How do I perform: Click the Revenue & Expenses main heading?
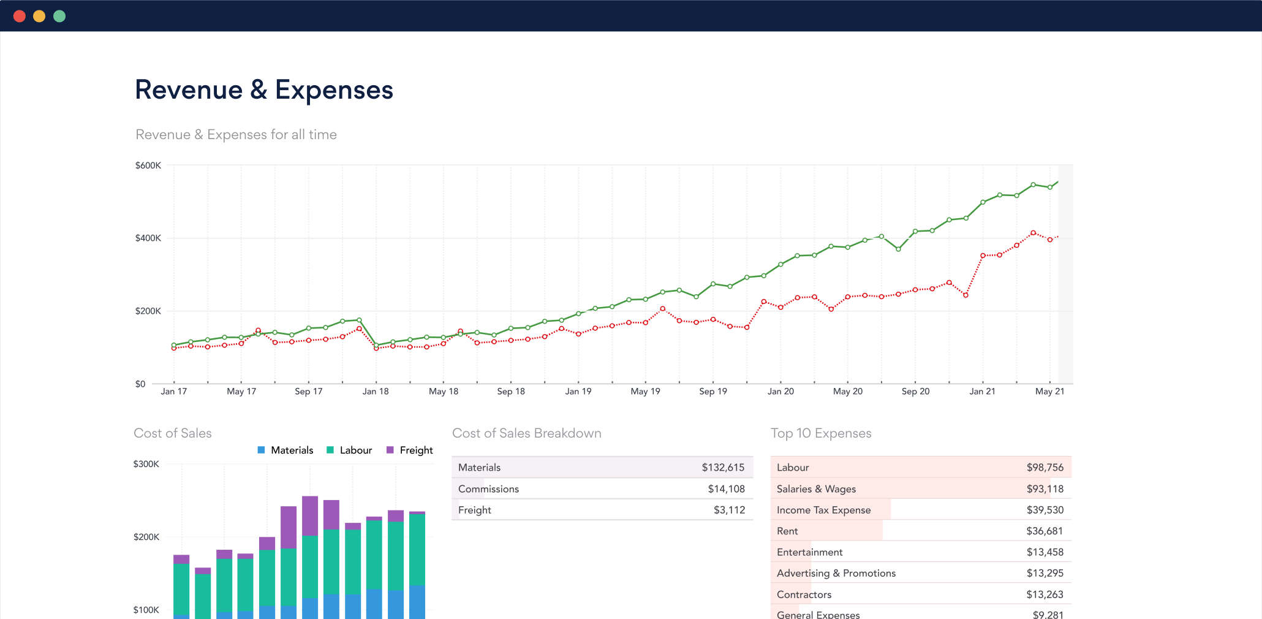263,90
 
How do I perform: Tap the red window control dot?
20,16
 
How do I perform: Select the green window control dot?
59,16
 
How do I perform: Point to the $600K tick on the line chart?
148,165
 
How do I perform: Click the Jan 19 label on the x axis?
578,392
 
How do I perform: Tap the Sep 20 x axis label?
915,392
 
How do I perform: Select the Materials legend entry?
285,450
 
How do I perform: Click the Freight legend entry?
410,450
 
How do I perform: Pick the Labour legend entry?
350,450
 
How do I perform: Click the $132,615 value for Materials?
723,468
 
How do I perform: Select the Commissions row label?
488,489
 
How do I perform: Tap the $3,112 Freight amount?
729,510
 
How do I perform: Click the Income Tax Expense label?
823,510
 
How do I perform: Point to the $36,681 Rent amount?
1045,531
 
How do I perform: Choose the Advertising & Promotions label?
836,574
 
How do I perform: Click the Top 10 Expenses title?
821,433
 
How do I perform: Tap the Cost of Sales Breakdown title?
526,433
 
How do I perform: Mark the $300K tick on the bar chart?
146,464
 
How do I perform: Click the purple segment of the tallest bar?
310,515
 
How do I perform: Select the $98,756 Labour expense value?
1045,468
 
